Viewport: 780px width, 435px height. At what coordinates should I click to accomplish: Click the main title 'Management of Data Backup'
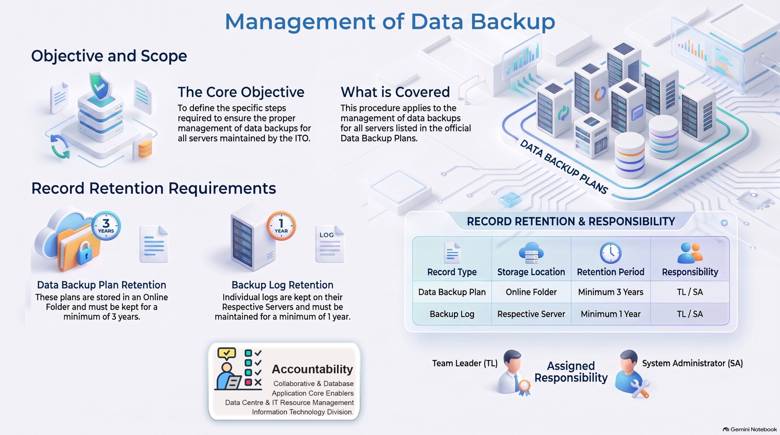(390, 22)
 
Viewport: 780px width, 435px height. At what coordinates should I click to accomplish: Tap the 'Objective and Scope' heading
(109, 56)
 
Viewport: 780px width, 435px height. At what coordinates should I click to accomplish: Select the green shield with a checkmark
(100, 86)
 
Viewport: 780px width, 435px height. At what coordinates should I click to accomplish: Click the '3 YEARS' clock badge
(106, 226)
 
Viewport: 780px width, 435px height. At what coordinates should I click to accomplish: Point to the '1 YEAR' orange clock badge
(281, 226)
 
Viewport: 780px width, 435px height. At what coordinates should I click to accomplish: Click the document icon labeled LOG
(330, 244)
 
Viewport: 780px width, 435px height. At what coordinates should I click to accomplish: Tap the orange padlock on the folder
(85, 253)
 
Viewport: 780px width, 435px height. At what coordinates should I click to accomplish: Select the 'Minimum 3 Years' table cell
(611, 292)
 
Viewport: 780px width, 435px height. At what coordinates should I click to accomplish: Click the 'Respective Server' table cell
(531, 314)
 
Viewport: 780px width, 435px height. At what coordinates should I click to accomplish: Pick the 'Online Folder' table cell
(531, 292)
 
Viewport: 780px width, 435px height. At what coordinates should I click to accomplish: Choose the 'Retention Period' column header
(611, 272)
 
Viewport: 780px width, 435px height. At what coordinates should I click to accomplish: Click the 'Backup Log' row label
(452, 314)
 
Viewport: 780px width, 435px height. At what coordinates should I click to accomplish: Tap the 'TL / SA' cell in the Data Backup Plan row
(690, 292)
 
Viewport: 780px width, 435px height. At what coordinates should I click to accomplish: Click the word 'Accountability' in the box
(312, 369)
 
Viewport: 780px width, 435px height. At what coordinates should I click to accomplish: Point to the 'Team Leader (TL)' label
(465, 363)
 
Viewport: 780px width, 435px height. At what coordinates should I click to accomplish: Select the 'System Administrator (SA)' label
(693, 363)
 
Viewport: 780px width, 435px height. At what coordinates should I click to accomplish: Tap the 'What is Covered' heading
(395, 92)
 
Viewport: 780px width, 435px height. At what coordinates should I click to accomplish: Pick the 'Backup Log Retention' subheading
(282, 285)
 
